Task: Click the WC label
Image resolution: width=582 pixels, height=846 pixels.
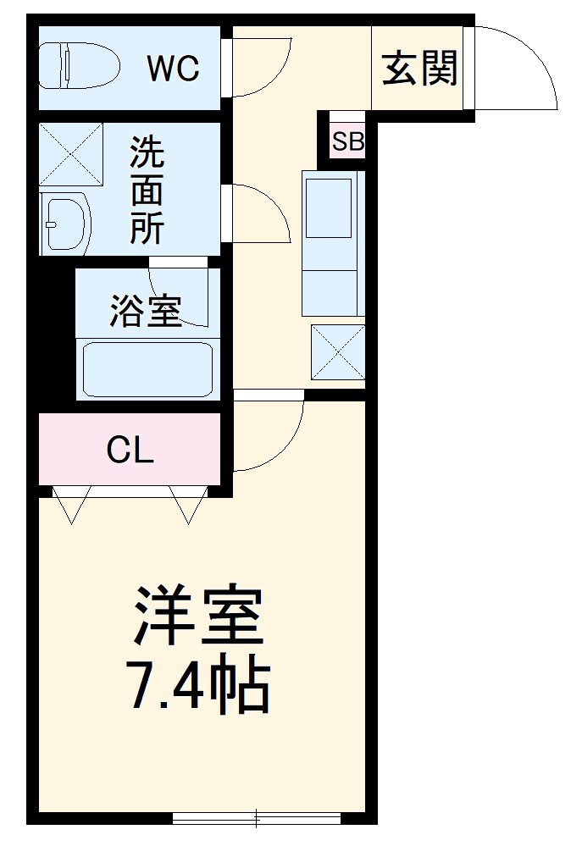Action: tap(174, 68)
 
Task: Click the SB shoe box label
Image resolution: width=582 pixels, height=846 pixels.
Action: tap(347, 142)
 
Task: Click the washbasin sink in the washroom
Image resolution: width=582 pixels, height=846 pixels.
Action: tap(66, 224)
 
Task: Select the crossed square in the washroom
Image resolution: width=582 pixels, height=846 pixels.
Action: tap(70, 155)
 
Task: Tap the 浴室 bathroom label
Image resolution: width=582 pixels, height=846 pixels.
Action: tap(146, 311)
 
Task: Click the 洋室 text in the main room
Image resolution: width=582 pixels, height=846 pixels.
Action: tap(197, 616)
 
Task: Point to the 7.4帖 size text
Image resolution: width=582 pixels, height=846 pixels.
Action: tap(197, 685)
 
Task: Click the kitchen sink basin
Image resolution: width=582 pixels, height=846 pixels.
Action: tap(328, 208)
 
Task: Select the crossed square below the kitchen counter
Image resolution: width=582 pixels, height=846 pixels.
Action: tap(337, 351)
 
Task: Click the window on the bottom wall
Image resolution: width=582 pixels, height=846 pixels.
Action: tap(257, 818)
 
